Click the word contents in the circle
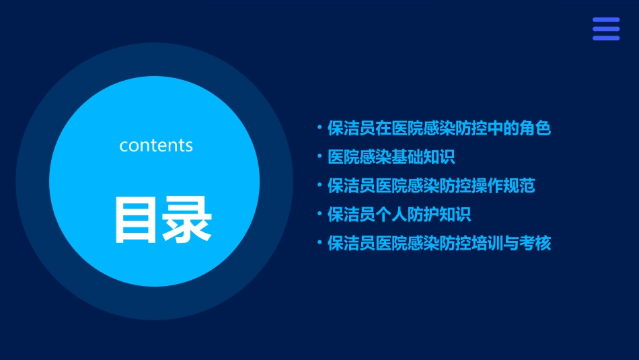click(x=156, y=145)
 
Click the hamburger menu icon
click(x=605, y=29)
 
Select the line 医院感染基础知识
click(x=391, y=157)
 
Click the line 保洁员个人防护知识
click(x=399, y=215)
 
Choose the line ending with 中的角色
click(x=439, y=128)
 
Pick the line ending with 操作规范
click(x=431, y=185)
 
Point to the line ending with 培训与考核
click(x=439, y=243)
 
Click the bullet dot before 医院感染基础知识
click(x=319, y=156)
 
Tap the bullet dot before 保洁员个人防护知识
click(x=319, y=213)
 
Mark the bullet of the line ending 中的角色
click(x=319, y=127)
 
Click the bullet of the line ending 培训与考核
click(x=319, y=242)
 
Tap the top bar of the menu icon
click(x=605, y=20)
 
